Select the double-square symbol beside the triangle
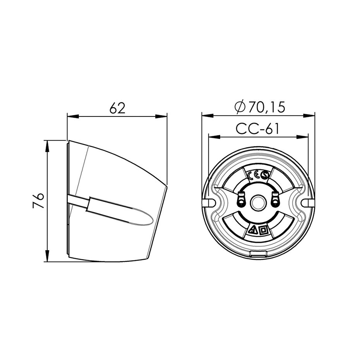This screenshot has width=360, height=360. coord(263,230)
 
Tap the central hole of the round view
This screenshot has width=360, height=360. coord(258,202)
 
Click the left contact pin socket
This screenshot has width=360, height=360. coord(241,200)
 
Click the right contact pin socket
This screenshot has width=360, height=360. coord(275,200)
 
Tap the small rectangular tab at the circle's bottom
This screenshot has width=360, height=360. coord(258,254)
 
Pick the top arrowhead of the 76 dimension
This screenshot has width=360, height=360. coord(47,144)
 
